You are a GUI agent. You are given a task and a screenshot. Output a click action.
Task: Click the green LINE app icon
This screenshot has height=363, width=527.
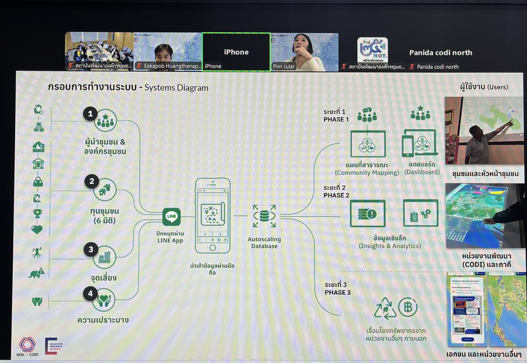coord(171,216)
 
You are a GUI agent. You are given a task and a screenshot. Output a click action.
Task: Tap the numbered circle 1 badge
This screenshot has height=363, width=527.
coord(90,113)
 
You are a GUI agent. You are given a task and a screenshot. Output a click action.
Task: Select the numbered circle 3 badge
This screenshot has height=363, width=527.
coord(91,250)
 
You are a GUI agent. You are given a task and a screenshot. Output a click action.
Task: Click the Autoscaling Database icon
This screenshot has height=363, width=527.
coord(264,216)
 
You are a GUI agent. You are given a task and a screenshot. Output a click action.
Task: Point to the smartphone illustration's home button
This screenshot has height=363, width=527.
coord(213,247)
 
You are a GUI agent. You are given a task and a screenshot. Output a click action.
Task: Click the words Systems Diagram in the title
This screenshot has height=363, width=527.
coord(176,88)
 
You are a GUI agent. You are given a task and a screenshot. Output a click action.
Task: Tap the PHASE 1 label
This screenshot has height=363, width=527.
coord(336,119)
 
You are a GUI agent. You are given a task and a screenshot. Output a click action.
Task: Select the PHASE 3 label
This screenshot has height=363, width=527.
coord(337,292)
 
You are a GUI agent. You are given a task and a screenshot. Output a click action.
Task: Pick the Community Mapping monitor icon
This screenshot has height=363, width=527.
coord(368,144)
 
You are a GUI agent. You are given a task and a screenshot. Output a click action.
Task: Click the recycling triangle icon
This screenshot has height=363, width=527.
coord(385,308)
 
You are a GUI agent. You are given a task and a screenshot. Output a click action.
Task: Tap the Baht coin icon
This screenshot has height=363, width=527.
coord(408,307)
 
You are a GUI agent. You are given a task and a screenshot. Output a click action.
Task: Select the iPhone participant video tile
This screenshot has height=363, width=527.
coord(236,52)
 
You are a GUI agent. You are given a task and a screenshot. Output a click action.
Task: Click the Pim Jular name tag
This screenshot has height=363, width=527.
coord(284,66)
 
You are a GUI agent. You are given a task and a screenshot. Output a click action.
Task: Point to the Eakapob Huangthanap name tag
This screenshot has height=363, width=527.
coord(172,66)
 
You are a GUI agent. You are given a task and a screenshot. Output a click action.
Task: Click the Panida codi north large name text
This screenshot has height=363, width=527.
coord(441,53)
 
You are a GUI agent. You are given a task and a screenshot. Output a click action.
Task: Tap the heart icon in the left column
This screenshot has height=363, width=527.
coord(37,229)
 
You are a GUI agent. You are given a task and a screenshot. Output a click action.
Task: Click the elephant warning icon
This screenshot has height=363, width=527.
coord(37,273)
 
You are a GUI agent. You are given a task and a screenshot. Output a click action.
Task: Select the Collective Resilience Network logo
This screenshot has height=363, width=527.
coord(54,346)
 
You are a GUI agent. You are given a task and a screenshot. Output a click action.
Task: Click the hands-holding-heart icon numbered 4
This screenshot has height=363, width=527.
coord(104,300)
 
